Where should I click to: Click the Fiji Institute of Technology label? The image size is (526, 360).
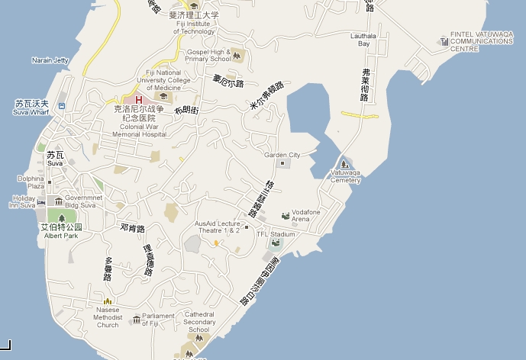(195, 27)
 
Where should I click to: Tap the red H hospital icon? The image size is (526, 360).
(138, 99)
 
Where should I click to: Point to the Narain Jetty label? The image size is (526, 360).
(50, 60)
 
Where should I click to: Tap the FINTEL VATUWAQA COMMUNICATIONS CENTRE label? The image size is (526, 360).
(480, 41)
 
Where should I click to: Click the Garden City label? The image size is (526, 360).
(282, 155)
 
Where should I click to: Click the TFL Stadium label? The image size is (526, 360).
(275, 234)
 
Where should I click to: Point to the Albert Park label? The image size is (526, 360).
(63, 236)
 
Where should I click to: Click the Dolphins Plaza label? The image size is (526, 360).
(31, 182)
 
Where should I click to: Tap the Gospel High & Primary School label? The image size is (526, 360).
(208, 55)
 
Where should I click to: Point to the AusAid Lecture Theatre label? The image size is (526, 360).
(217, 227)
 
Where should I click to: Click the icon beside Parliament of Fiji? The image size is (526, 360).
(136, 320)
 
